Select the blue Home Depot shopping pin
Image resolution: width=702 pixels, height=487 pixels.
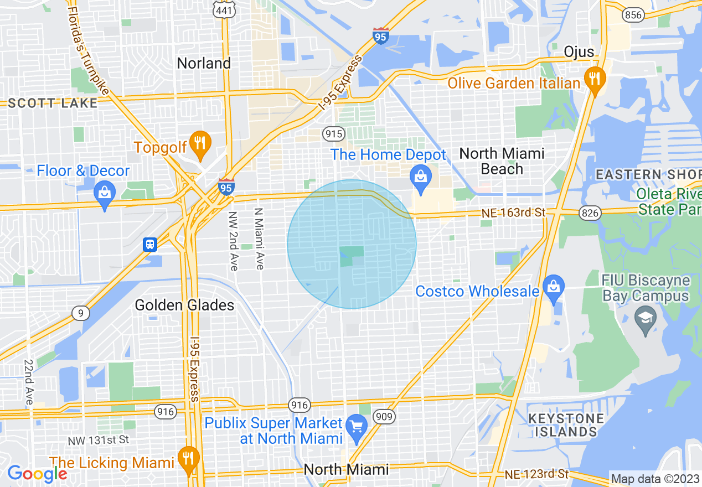(x=420, y=177)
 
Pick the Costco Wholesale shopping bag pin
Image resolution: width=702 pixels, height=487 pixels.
(x=553, y=286)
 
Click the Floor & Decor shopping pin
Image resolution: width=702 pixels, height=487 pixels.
(x=104, y=193)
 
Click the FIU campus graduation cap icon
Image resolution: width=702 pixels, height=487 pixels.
(x=645, y=318)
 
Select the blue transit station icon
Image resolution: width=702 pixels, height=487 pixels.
(x=149, y=244)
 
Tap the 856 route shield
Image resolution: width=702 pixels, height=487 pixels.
(x=634, y=15)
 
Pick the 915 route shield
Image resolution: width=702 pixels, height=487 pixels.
(x=334, y=134)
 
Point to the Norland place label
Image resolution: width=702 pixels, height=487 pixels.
(x=204, y=63)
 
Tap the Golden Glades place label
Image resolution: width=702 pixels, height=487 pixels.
(x=184, y=305)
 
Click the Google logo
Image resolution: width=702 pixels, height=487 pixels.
(x=37, y=473)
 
